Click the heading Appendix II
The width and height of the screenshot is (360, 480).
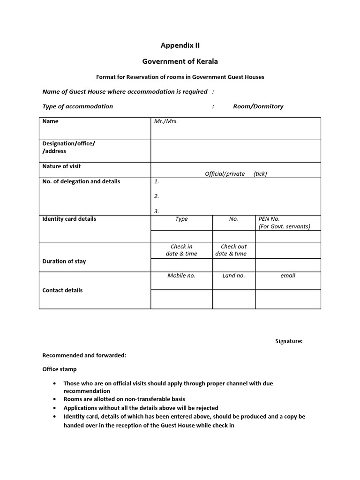(180, 45)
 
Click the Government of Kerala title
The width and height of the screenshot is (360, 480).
(180, 61)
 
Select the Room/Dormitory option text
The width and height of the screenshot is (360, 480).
(258, 106)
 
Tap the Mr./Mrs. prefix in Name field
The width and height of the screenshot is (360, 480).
(166, 121)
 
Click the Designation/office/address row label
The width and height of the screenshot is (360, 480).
(68, 147)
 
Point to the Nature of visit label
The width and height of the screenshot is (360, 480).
(61, 166)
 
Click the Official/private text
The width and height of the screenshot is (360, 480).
(225, 174)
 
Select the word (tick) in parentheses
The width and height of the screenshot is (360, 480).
(260, 174)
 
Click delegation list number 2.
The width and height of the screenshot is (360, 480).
(157, 196)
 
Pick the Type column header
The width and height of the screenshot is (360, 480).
(181, 219)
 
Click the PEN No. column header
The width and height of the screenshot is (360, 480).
(269, 219)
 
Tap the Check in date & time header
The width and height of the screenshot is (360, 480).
(181, 250)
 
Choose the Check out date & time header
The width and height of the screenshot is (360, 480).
(233, 250)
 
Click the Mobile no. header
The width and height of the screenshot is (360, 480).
(181, 276)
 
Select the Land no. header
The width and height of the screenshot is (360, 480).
(233, 276)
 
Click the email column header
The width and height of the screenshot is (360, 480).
(288, 276)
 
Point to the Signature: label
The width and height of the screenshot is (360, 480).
(289, 341)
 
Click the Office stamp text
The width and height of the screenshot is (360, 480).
(60, 369)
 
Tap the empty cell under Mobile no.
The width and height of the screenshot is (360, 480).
(181, 299)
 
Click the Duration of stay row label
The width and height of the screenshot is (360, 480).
(64, 262)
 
